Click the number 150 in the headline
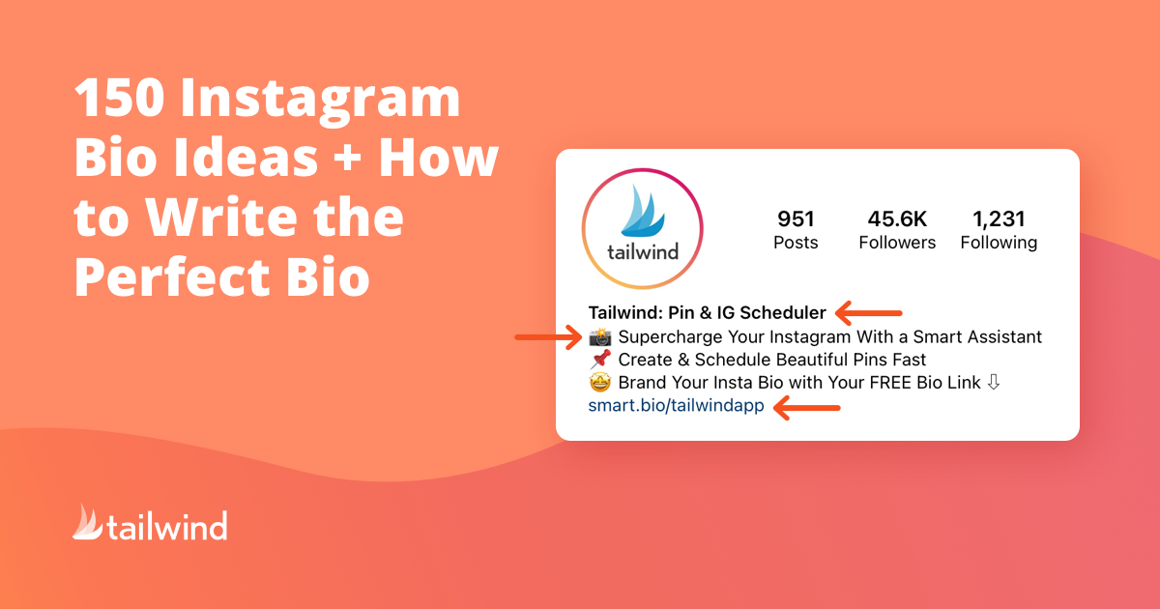click(x=120, y=98)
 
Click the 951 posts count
click(x=796, y=218)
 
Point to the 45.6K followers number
click(x=897, y=218)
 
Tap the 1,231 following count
click(x=999, y=219)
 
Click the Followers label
click(x=897, y=243)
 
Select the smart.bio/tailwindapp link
click(x=676, y=405)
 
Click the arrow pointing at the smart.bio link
click(x=807, y=408)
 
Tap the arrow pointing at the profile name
click(x=869, y=313)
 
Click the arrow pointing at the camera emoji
click(x=548, y=337)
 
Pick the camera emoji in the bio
click(x=600, y=337)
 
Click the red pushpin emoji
click(x=600, y=360)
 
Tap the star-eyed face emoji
click(x=600, y=382)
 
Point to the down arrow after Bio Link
click(x=994, y=382)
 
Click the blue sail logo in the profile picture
click(x=642, y=212)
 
